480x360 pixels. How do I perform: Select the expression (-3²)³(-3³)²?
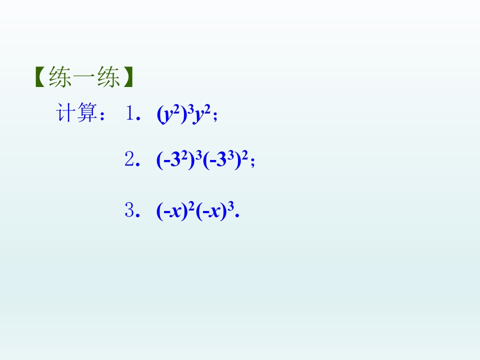[202, 161]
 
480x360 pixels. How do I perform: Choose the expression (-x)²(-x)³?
[195, 211]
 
